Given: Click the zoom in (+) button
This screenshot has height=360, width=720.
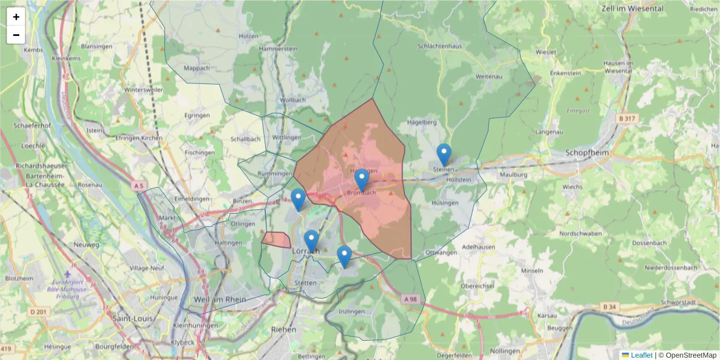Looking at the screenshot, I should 16,17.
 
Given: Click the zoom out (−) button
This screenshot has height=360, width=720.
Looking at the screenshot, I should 16,35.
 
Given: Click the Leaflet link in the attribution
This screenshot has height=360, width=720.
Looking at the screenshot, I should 640,355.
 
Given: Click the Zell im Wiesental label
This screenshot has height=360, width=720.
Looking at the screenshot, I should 631,9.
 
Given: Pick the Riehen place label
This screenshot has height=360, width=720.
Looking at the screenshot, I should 284,329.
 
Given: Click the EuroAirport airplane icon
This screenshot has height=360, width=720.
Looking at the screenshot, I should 75,274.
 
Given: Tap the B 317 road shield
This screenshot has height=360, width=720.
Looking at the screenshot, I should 628,119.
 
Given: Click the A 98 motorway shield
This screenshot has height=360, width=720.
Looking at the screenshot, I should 410,299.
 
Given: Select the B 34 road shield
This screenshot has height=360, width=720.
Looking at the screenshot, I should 609,307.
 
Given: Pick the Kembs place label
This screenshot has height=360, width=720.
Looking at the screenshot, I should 33,50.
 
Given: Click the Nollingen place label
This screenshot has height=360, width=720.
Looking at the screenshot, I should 505,350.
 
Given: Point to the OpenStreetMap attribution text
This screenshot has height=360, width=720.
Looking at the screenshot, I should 691,355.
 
